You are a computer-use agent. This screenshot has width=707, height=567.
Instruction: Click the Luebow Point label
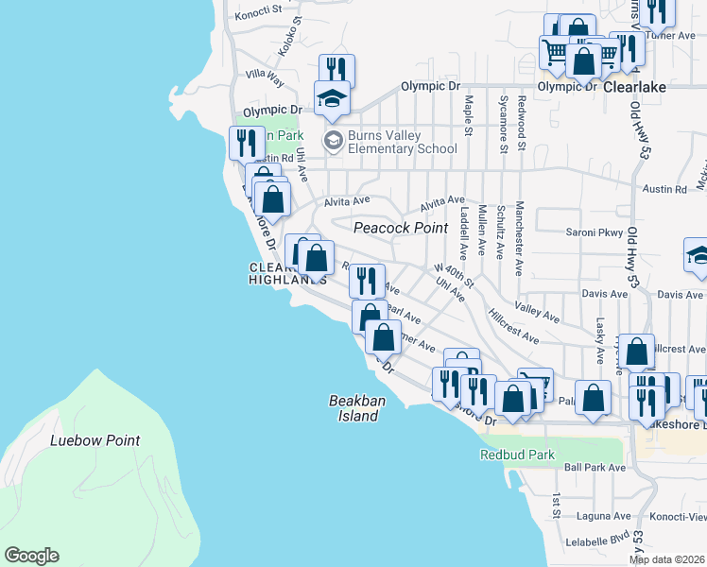click(x=95, y=440)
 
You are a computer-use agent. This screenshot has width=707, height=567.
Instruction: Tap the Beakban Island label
click(x=357, y=408)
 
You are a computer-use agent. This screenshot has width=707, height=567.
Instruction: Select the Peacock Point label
click(x=400, y=228)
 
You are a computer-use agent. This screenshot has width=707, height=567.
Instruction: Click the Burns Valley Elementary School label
click(x=402, y=142)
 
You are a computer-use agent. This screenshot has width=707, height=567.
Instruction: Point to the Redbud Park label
click(x=517, y=455)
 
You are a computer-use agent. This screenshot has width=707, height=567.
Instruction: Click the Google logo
click(x=31, y=556)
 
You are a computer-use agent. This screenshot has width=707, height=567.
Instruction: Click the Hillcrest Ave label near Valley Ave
click(x=513, y=324)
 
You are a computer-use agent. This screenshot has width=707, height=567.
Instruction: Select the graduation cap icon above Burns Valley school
click(x=332, y=98)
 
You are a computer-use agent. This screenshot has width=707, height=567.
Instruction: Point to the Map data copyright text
click(x=666, y=559)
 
